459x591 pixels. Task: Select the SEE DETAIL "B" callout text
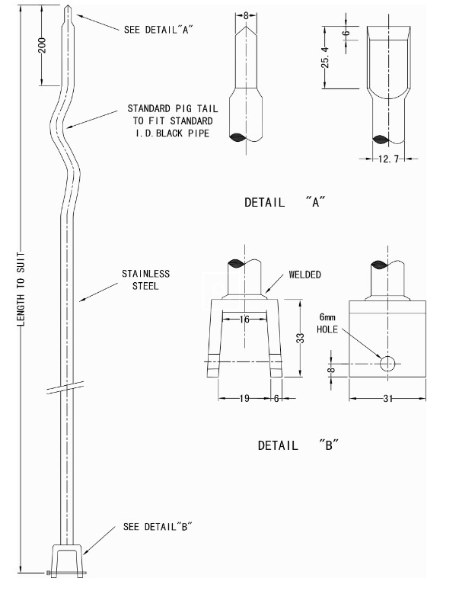(158, 527)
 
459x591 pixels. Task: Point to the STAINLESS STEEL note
(145, 280)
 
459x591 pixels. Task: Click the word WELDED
(304, 275)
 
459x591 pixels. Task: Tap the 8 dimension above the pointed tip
(246, 14)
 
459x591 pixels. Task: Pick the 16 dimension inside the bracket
(244, 320)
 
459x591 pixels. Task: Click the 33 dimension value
(300, 338)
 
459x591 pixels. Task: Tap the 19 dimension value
(244, 397)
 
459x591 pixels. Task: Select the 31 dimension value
(387, 397)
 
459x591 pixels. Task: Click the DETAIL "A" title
(285, 203)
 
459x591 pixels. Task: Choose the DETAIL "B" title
(298, 445)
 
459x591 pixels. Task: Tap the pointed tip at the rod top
(69, 11)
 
